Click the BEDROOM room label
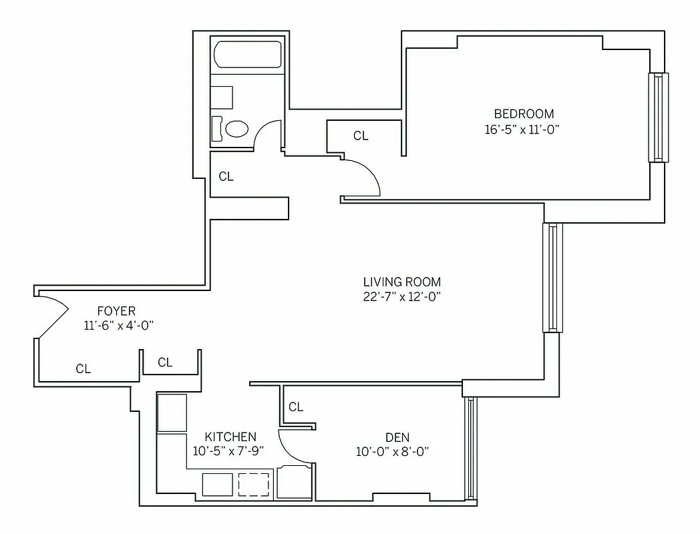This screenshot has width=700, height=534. [x=524, y=113]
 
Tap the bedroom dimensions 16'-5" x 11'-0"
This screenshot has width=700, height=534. [x=522, y=129]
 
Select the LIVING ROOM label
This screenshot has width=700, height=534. [x=402, y=282]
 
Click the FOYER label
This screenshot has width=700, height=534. [x=116, y=311]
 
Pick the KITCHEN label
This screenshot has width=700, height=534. [x=230, y=436]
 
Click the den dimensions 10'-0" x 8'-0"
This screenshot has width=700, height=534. [x=392, y=452]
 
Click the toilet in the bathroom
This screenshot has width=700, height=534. [x=236, y=128]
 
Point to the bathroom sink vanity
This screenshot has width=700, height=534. [x=222, y=98]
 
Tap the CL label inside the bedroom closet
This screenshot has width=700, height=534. [x=361, y=136]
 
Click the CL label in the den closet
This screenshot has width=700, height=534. [x=296, y=407]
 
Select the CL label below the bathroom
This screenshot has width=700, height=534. [x=226, y=177]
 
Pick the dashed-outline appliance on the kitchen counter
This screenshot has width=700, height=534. [x=253, y=485]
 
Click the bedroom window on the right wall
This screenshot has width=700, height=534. [x=658, y=117]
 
